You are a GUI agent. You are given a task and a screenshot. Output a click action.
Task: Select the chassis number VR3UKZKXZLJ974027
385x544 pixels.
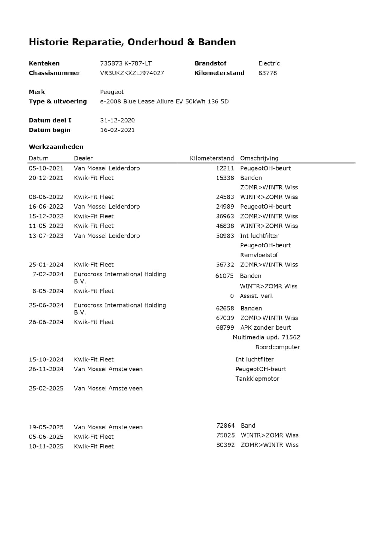pyautogui.click(x=132, y=73)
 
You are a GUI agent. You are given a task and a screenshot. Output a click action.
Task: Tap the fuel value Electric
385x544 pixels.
pyautogui.click(x=269, y=63)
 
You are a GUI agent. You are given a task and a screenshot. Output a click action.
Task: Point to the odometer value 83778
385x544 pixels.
pyautogui.click(x=267, y=73)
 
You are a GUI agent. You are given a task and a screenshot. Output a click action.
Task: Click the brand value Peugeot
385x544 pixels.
pyautogui.click(x=112, y=92)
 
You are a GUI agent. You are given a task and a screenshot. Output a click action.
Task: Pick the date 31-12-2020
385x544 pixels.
pyautogui.click(x=117, y=121)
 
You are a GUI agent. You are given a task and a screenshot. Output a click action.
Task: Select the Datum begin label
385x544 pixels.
pyautogui.click(x=50, y=130)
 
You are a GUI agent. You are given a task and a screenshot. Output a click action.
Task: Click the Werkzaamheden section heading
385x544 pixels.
pyautogui.click(x=56, y=147)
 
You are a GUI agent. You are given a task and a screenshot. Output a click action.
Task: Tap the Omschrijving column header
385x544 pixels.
pyautogui.click(x=259, y=158)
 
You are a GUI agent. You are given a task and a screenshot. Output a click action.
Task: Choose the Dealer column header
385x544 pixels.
pyautogui.click(x=83, y=158)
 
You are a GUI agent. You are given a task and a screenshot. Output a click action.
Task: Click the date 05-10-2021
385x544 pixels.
pyautogui.click(x=46, y=168)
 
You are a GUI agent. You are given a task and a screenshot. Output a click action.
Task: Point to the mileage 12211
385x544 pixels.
pyautogui.click(x=225, y=168)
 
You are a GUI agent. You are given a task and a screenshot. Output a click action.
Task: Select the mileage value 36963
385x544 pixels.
pyautogui.click(x=225, y=217)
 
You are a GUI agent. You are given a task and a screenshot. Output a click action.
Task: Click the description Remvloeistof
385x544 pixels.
pyautogui.click(x=259, y=255)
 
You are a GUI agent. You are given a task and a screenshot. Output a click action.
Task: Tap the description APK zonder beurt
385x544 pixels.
pyautogui.click(x=266, y=328)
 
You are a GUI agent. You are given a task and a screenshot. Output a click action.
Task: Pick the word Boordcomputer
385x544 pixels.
pyautogui.click(x=278, y=347)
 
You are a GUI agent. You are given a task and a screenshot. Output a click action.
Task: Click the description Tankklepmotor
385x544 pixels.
pyautogui.click(x=257, y=379)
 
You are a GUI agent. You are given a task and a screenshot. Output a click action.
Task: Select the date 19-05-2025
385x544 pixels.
pyautogui.click(x=46, y=427)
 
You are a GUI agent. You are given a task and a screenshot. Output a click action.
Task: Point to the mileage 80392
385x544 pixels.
pyautogui.click(x=225, y=445)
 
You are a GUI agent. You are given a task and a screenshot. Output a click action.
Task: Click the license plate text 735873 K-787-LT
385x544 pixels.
pyautogui.click(x=126, y=63)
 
